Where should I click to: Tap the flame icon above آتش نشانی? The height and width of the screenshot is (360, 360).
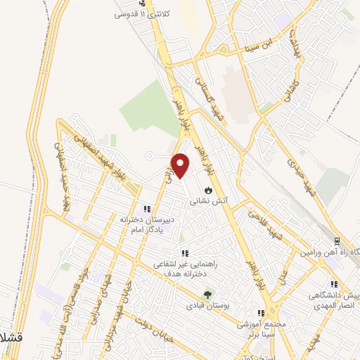(x=208, y=190)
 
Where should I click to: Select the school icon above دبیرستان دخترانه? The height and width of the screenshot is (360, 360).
(x=147, y=208)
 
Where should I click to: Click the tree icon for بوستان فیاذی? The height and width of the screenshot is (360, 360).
(x=207, y=295)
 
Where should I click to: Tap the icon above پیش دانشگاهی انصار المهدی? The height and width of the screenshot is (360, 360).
(x=334, y=284)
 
